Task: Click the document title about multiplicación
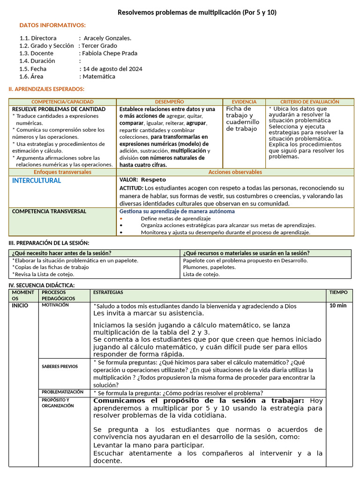click(196, 12)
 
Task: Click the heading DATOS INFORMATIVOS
click(52, 25)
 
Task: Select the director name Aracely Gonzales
click(107, 38)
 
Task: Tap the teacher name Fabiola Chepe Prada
click(110, 53)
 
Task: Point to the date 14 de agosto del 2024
click(112, 69)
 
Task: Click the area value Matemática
click(99, 76)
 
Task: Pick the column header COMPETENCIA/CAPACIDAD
click(62, 102)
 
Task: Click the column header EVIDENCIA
click(244, 102)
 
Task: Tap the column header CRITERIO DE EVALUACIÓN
click(309, 102)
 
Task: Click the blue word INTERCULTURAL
click(37, 180)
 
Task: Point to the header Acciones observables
click(235, 172)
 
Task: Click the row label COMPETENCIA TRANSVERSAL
click(49, 211)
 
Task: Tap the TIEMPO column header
click(338, 292)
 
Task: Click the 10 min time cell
click(338, 306)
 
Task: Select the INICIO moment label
click(20, 306)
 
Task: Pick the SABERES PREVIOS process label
click(60, 366)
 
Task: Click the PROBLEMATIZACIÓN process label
click(62, 392)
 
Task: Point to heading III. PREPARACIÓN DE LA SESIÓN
click(49, 243)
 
